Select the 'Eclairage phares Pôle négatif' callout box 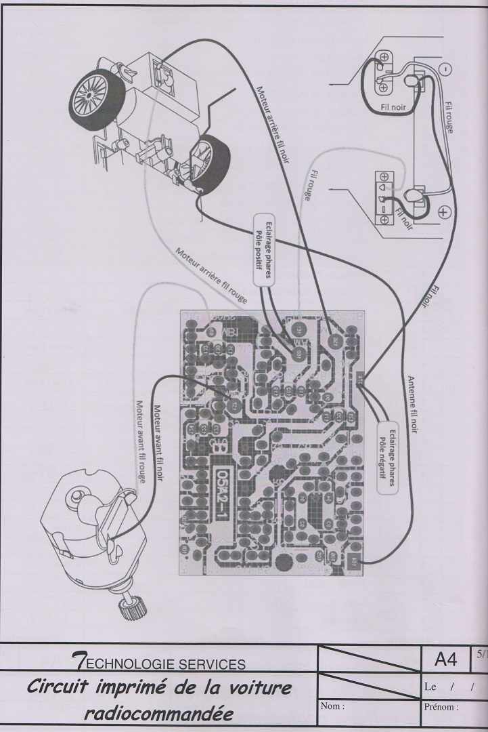coord(386,451)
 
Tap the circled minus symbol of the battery coord(444,68)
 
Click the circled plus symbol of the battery coord(444,211)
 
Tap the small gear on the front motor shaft coord(127,610)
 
